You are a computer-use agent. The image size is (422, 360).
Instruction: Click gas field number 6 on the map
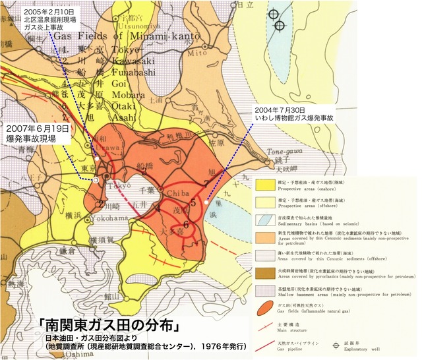pos(187,225)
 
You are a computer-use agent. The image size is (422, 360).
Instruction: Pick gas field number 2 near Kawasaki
pos(100,204)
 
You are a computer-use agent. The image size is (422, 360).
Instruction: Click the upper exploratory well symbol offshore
pos(274,13)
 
